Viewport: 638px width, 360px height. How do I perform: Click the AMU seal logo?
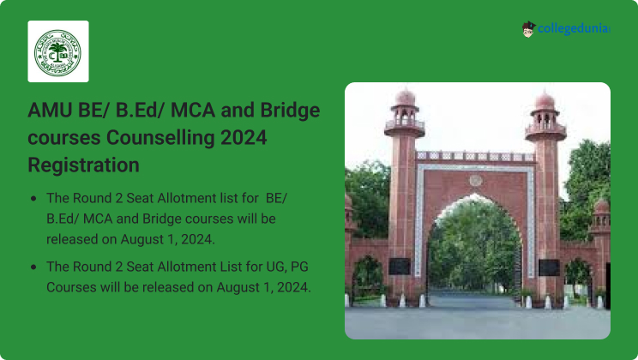(x=57, y=52)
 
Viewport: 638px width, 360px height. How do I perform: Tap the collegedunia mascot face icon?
(x=528, y=29)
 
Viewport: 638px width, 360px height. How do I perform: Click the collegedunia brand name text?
(x=574, y=28)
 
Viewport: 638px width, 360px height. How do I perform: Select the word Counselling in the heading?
(x=160, y=137)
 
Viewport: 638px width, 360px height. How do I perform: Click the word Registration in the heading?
(x=83, y=165)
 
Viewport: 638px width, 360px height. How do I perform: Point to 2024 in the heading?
(x=244, y=137)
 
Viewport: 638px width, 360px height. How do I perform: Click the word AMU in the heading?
(x=50, y=110)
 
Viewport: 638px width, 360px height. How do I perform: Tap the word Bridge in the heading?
(x=290, y=111)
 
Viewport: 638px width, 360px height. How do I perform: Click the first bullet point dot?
(x=33, y=199)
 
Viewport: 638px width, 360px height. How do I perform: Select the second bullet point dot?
(x=33, y=267)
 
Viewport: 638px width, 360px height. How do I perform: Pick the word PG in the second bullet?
(x=300, y=267)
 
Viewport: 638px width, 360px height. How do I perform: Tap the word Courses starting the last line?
(x=72, y=287)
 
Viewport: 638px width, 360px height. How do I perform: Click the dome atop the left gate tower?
(x=406, y=98)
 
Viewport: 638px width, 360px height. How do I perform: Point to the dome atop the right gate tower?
(x=545, y=101)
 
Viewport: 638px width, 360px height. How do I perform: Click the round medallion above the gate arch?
(x=476, y=180)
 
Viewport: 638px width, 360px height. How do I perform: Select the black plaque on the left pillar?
(x=399, y=267)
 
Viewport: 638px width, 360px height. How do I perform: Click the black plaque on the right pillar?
(x=550, y=267)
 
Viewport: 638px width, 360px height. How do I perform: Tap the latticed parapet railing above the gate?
(x=475, y=156)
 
